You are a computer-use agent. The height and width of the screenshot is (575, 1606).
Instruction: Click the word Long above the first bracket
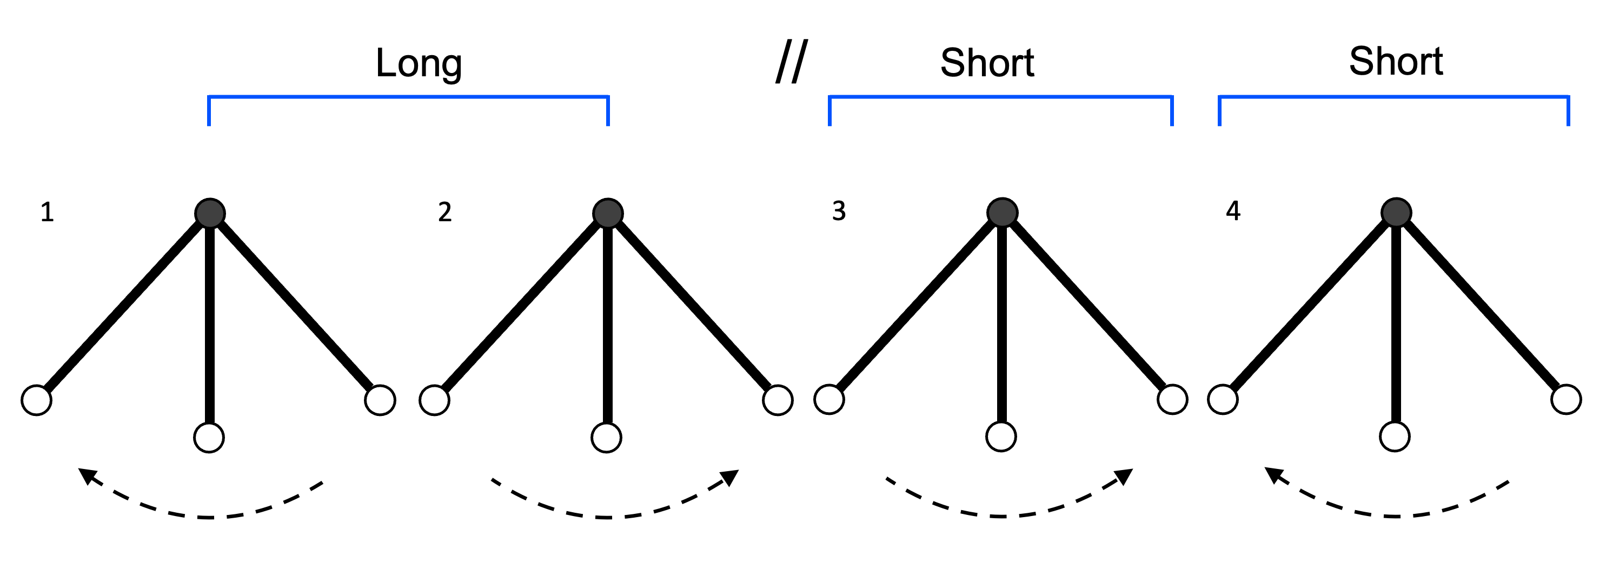tap(419, 64)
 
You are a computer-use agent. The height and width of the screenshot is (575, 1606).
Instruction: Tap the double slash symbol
tap(792, 61)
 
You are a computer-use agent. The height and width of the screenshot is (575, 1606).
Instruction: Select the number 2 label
tap(444, 213)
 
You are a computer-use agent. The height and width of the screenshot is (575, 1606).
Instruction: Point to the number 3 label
tap(839, 212)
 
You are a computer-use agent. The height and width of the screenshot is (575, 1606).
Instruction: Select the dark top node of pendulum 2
tap(608, 214)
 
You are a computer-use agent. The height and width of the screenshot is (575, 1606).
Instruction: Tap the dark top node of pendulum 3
tap(1002, 213)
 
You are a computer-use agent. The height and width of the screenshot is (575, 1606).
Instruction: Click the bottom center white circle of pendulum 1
tap(209, 437)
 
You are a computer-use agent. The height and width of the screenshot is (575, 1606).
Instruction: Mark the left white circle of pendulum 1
tap(37, 400)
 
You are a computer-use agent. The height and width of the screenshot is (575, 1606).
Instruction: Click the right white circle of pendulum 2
tap(778, 400)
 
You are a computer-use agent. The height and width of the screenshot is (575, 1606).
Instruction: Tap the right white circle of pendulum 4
tap(1566, 400)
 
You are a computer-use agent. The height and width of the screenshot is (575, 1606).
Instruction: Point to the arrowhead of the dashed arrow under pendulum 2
tap(730, 477)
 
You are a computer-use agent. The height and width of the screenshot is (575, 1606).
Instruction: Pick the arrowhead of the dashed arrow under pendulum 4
tap(1273, 475)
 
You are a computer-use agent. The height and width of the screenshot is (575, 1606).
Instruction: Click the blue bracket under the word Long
tap(408, 97)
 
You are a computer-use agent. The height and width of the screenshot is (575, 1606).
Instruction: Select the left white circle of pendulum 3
tap(829, 400)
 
